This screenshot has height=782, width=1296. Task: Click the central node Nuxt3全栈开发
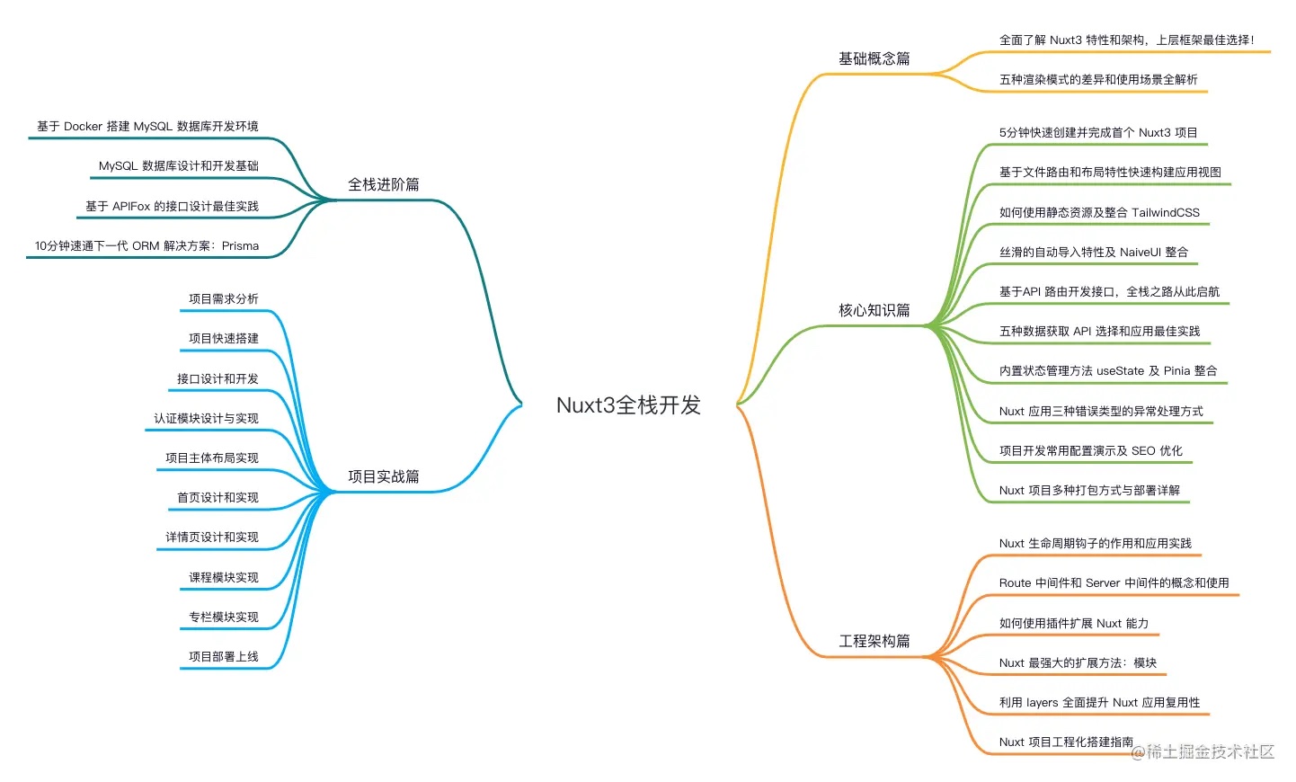click(628, 405)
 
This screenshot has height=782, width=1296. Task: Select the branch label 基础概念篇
click(874, 59)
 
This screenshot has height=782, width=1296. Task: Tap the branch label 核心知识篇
click(874, 311)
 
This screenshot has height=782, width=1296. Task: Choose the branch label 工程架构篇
click(874, 642)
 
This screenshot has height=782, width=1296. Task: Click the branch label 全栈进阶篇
click(384, 185)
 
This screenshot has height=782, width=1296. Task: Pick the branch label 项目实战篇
click(384, 477)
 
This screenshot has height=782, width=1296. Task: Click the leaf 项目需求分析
click(224, 299)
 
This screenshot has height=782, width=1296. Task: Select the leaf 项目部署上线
click(224, 657)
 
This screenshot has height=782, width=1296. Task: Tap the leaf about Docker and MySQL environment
click(147, 127)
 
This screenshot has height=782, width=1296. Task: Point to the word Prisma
click(240, 246)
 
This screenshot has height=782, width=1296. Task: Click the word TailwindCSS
click(1166, 213)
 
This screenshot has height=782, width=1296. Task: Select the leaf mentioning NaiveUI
click(1094, 253)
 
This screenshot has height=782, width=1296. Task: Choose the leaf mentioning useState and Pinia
click(1108, 371)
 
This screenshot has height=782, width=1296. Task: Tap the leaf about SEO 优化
click(1091, 451)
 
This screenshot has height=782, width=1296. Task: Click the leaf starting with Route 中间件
click(1114, 583)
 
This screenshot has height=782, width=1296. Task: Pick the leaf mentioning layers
click(1099, 703)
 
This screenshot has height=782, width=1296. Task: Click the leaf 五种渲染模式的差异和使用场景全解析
click(1098, 80)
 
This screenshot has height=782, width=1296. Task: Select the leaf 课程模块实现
click(224, 578)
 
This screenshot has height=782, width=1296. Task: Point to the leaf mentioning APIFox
click(172, 207)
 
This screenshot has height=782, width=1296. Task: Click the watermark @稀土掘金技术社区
click(1203, 751)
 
